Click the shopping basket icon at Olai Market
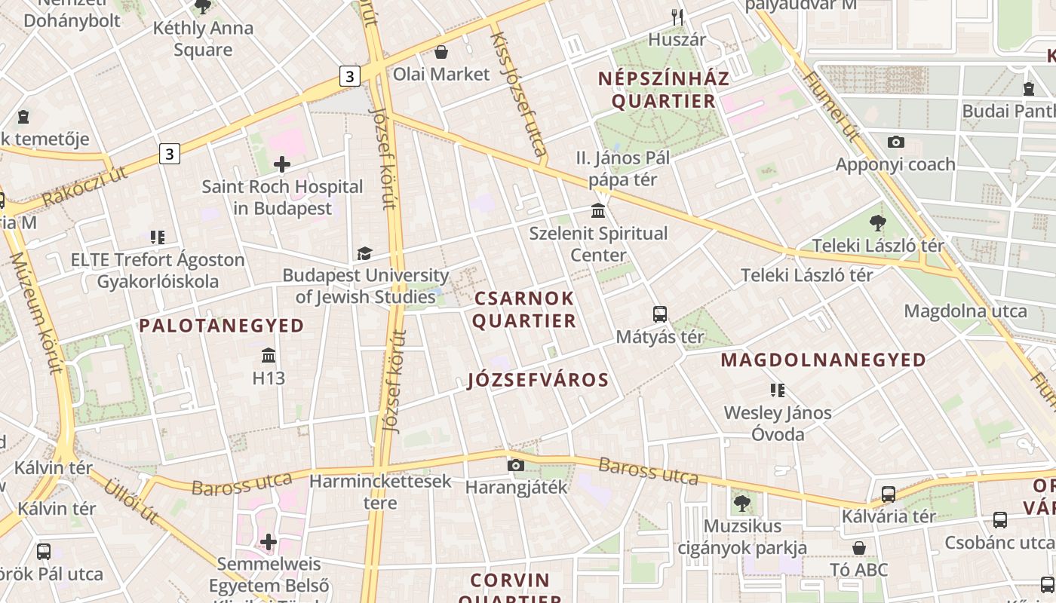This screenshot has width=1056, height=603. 441,52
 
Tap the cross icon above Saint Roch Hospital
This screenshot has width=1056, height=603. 282,164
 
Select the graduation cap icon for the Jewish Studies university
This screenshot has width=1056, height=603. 365,253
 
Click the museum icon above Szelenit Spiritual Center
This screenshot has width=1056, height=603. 598,210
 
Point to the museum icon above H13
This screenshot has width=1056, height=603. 269,355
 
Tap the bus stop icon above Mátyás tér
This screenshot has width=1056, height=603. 660,314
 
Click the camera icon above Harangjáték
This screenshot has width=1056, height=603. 516,465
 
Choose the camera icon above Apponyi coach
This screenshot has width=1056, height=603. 896,142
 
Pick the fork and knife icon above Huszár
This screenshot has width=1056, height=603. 677,17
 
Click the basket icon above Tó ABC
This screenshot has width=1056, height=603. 859,548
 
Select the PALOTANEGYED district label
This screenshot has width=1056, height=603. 222,326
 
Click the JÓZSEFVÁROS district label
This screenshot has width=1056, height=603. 539,380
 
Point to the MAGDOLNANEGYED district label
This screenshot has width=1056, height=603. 824,360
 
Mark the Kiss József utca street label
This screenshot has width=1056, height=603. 518,93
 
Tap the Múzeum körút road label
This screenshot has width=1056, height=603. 35,313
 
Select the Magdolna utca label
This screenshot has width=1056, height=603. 965,311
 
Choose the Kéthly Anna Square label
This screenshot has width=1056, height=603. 203,39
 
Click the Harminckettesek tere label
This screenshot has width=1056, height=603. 380,491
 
